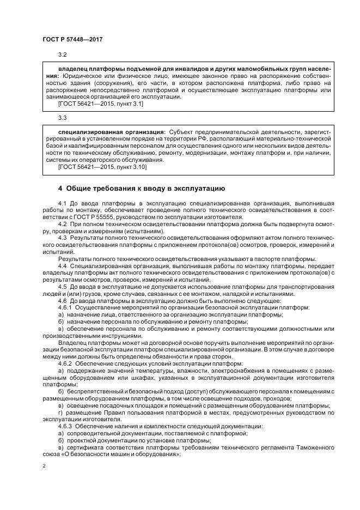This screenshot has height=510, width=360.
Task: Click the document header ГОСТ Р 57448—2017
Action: pos(72,39)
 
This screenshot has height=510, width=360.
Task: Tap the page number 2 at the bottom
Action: pos(44,466)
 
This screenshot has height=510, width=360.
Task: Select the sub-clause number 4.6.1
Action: pos(65,308)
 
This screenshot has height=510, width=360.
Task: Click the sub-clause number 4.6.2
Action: pos(65,363)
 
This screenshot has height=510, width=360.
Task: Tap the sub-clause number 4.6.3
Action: pos(65,426)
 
